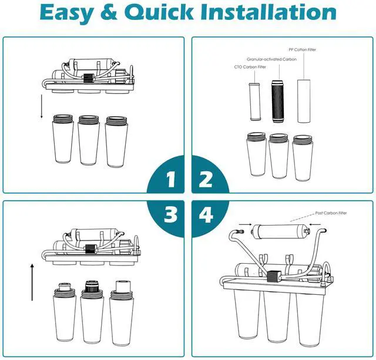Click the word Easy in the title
(x=66, y=13)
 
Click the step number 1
(x=171, y=180)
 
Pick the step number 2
(x=206, y=180)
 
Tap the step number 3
(x=170, y=214)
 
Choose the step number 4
(x=206, y=214)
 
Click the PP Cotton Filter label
(x=302, y=49)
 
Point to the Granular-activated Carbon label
(x=271, y=59)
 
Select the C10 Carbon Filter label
(x=250, y=67)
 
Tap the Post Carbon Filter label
(x=331, y=213)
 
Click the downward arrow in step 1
(x=42, y=106)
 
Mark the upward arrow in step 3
(x=32, y=282)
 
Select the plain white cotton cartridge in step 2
(x=304, y=101)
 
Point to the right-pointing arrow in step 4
(x=246, y=224)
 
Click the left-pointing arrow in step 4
(x=315, y=224)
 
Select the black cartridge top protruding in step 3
(x=92, y=286)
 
